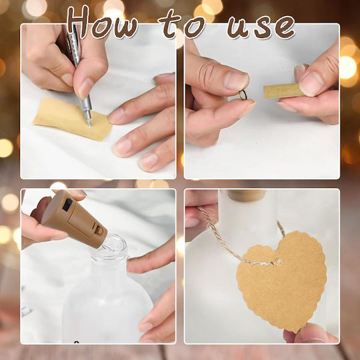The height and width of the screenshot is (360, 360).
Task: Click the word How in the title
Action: click(102, 23)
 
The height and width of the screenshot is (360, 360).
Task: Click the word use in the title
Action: click(261, 27)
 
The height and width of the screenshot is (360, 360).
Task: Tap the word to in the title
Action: click(182, 24)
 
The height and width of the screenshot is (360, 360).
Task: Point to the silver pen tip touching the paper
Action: click(89, 125)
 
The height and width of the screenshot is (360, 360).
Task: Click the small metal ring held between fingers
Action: click(243, 95)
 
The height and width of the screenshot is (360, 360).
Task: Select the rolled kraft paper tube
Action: click(283, 91)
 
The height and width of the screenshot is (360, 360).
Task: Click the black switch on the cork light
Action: click(67, 205)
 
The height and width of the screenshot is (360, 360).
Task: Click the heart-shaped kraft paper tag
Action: click(282, 280)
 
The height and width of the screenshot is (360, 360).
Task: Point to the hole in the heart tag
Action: click(278, 261)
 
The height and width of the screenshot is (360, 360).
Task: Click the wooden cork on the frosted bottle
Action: click(246, 195)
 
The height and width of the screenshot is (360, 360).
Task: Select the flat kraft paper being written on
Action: click(72, 119)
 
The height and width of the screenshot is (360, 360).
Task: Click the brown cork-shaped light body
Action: click(74, 220)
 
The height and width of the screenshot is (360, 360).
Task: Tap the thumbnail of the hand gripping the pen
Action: click(85, 88)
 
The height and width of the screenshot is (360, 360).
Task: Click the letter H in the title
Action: click(78, 22)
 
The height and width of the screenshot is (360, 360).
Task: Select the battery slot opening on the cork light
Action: click(99, 229)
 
